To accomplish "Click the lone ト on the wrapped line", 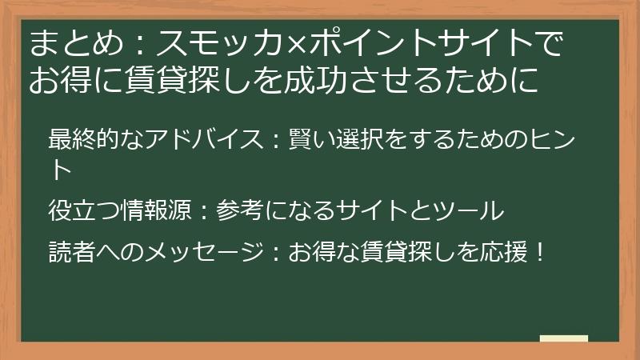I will point(61,169).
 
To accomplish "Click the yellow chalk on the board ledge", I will point(564,338).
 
